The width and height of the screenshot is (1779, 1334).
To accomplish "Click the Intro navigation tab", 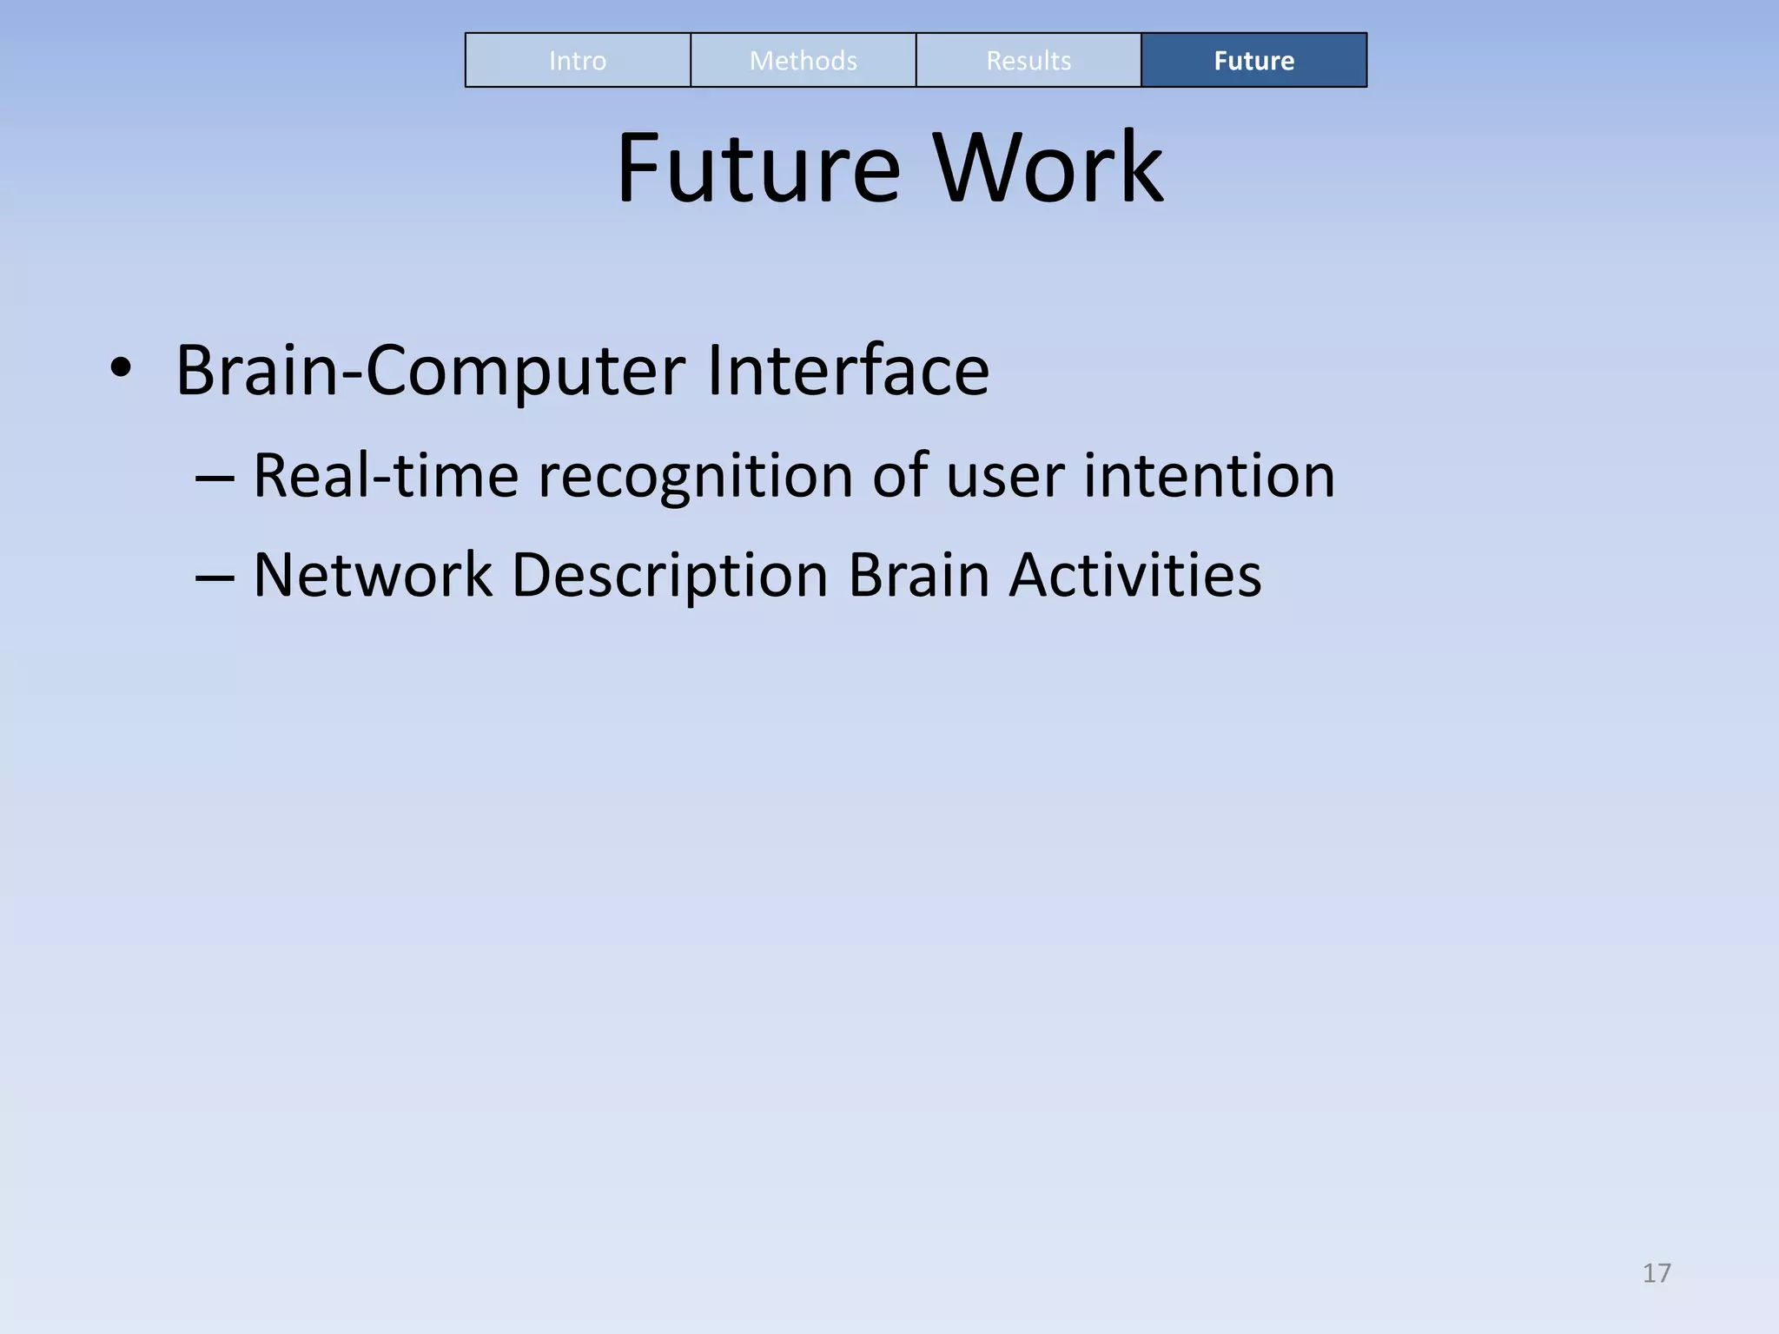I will point(578,61).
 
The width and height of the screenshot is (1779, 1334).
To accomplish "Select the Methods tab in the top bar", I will point(803,61).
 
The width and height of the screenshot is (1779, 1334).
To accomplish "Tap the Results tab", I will point(1028,61).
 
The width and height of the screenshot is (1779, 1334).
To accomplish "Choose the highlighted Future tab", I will point(1253,61).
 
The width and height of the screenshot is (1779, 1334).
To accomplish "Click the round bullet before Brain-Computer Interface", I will point(121,369).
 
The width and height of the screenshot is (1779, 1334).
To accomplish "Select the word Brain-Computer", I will point(431,372).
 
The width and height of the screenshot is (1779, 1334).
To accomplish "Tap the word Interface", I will point(848,370).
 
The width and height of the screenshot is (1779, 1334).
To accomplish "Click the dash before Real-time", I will point(215,479).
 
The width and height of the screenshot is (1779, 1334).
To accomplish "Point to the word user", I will point(1005,478).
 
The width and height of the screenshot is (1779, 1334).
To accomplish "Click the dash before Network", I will point(215,578).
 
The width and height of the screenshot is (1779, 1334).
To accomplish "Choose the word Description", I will point(670,577).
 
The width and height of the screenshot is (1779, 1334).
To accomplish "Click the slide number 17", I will point(1657,1273).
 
